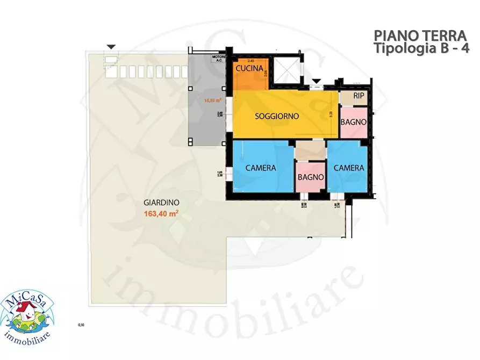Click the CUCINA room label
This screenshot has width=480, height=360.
click(249, 69)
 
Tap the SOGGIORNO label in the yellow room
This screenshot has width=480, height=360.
click(277, 116)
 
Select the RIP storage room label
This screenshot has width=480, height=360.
click(359, 96)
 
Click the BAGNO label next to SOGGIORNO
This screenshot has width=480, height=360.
click(354, 123)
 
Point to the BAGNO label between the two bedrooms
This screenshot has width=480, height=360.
click(311, 177)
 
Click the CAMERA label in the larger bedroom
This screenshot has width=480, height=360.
click(261, 168)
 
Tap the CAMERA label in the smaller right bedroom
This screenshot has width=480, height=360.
click(349, 168)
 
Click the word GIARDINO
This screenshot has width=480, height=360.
click(161, 203)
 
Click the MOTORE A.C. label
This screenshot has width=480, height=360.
click(219, 59)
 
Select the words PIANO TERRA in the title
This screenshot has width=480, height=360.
click(420, 36)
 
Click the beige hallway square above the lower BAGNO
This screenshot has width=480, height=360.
click(311, 150)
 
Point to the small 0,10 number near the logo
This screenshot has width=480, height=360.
click(81, 325)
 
